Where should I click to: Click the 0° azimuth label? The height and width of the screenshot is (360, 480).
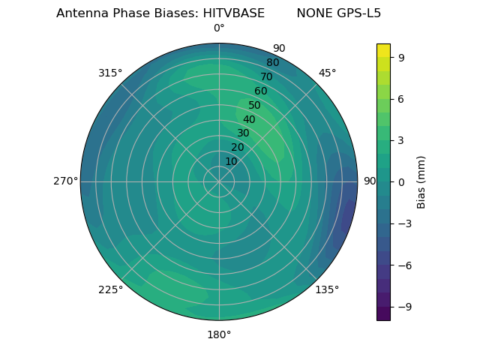(x=219, y=28)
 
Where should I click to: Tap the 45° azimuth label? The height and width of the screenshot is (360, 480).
(x=327, y=73)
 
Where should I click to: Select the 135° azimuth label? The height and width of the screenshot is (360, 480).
(x=327, y=289)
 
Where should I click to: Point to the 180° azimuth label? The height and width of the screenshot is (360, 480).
(x=219, y=334)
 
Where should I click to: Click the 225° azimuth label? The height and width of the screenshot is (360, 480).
(x=110, y=289)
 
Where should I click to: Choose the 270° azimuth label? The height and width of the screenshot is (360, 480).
(x=65, y=181)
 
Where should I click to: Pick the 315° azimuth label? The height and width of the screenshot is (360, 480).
(x=110, y=73)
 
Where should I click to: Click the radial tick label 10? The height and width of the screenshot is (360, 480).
(x=231, y=161)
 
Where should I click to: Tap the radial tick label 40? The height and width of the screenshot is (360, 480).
(x=249, y=119)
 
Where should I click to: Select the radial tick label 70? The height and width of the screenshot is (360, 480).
(x=266, y=76)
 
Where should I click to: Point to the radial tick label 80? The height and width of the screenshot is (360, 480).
(x=272, y=63)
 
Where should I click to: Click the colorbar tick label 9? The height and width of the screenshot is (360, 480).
(x=401, y=57)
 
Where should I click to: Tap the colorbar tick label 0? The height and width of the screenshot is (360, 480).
(x=401, y=181)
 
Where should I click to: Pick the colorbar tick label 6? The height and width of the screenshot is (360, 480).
(x=401, y=98)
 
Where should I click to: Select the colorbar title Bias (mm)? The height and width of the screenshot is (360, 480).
(x=421, y=181)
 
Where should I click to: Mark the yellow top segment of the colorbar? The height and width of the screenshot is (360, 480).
(x=383, y=50)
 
